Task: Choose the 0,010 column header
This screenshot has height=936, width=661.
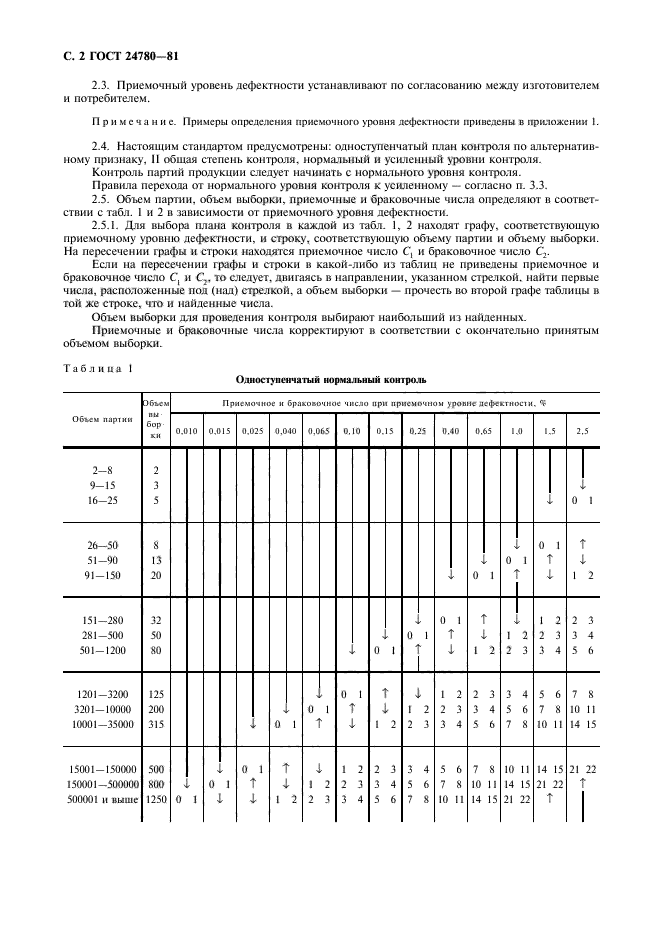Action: point(186,431)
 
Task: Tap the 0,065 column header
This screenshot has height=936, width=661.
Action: point(318,431)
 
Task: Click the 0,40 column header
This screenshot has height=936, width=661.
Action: point(450,431)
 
